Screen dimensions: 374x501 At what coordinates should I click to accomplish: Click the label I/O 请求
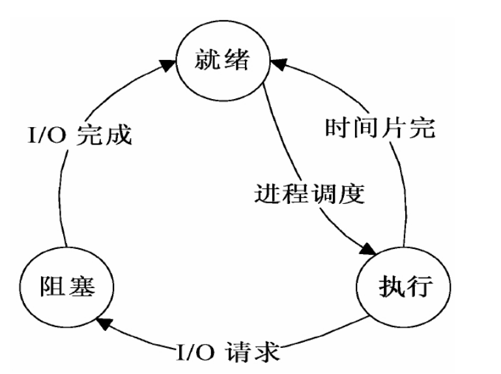coord(228,352)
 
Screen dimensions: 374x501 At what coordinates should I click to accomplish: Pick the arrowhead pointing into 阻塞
coord(102,320)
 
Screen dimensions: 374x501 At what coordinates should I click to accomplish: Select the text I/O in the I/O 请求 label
coord(195,352)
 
